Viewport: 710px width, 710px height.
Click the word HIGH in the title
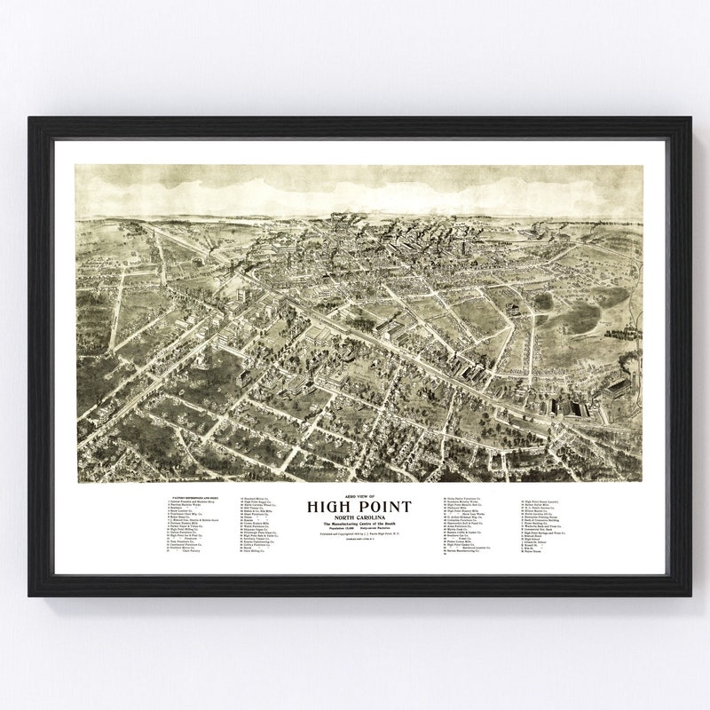tap(332, 507)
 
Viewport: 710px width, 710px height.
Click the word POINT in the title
tap(381, 507)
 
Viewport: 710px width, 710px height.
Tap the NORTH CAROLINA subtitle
tap(359, 518)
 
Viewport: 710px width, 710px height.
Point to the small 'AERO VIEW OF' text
tap(359, 497)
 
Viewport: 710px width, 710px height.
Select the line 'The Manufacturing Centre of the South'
tap(359, 525)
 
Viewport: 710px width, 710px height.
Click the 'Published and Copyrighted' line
tap(359, 537)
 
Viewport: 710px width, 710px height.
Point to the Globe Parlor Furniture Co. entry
tap(471, 499)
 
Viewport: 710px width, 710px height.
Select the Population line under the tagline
tap(359, 531)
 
